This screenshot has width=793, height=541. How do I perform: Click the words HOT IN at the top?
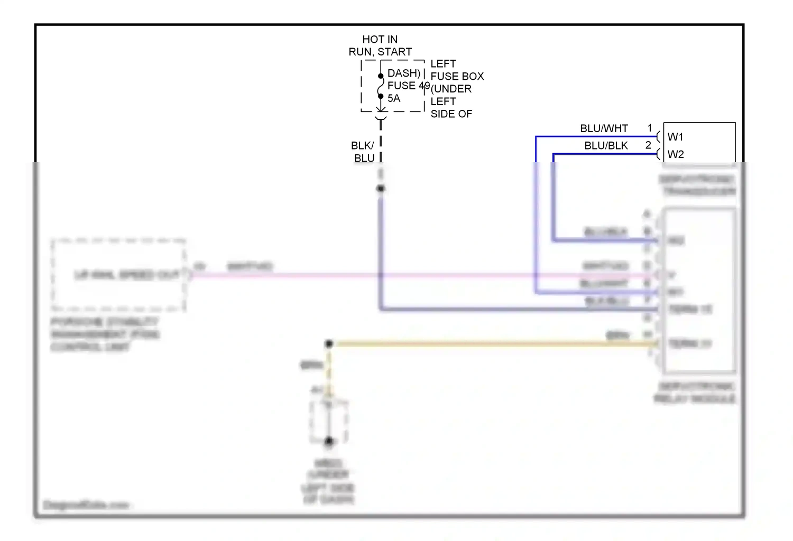(x=380, y=40)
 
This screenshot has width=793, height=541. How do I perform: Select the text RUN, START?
(x=380, y=52)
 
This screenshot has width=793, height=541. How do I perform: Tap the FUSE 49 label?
(x=408, y=86)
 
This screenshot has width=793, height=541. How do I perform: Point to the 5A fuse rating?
(x=394, y=98)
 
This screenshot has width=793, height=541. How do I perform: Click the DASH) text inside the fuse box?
(x=403, y=73)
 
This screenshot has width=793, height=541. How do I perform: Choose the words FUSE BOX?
(x=457, y=76)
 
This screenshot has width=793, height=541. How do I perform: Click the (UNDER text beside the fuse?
(x=451, y=89)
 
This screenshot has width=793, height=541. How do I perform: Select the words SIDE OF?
(x=451, y=114)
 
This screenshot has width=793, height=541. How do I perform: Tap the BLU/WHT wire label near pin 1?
(x=604, y=128)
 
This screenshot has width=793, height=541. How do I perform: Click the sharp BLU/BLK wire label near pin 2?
(x=606, y=146)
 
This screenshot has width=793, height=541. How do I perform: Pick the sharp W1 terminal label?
(x=675, y=137)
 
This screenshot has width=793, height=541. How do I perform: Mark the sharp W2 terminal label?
(x=675, y=154)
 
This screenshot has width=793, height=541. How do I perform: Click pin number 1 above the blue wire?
(x=650, y=128)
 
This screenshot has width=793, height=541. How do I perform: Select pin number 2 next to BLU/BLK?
(x=648, y=145)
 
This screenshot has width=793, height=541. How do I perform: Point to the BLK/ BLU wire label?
(x=364, y=152)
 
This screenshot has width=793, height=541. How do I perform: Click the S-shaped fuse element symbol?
(x=381, y=86)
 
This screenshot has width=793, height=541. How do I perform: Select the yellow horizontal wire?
(x=476, y=344)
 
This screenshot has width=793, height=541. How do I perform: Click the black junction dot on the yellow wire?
(x=329, y=344)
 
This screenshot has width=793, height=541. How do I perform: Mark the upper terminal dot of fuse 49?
(x=381, y=76)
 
